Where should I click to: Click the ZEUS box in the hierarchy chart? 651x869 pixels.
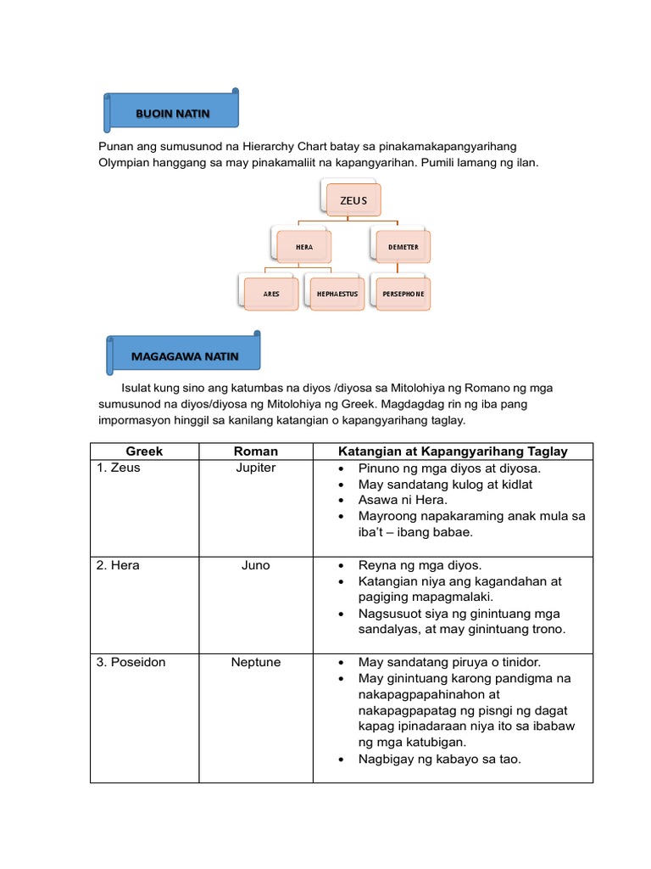click(353, 200)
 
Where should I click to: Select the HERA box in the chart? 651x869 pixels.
click(303, 247)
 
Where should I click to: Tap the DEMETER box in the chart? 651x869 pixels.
click(403, 247)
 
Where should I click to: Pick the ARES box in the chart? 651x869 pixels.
click(271, 294)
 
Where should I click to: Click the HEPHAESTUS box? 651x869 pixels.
click(337, 294)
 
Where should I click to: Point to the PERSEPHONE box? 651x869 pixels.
click(403, 294)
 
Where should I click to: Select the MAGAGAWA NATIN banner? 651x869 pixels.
click(184, 356)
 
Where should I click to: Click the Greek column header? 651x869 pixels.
click(144, 451)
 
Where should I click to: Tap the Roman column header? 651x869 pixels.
click(255, 451)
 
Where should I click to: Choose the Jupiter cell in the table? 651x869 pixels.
click(255, 468)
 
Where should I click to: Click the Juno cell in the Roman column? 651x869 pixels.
click(255, 565)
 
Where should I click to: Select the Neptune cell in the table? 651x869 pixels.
click(255, 662)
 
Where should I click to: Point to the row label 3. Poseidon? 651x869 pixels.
click(131, 662)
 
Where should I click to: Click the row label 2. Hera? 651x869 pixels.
click(118, 565)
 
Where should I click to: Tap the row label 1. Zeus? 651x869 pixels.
click(120, 468)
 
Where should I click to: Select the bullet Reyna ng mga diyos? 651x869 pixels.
click(420, 565)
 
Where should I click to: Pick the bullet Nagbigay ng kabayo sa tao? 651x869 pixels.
click(439, 759)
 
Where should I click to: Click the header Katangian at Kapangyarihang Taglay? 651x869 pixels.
click(453, 451)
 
